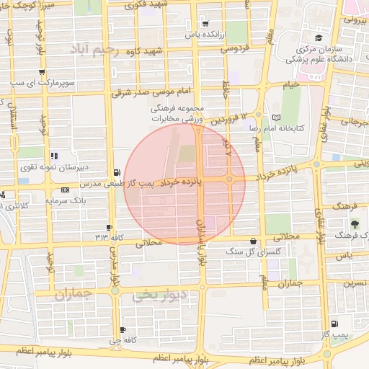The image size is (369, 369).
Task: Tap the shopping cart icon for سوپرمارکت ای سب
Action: coord(42,71)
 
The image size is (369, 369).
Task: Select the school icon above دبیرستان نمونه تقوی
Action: coord(54,156)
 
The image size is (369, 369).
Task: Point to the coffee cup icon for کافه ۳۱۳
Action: coord(109,227)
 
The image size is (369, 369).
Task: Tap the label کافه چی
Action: coord(119,339)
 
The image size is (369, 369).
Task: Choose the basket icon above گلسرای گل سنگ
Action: coord(252,241)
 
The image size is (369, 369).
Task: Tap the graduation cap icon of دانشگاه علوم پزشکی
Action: coord(318,38)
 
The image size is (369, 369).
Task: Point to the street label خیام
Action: coord(290,85)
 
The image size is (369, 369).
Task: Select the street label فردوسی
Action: coord(234,50)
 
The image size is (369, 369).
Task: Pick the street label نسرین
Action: coord(355,283)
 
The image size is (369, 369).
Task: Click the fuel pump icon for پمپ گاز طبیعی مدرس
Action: coord(117,173)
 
